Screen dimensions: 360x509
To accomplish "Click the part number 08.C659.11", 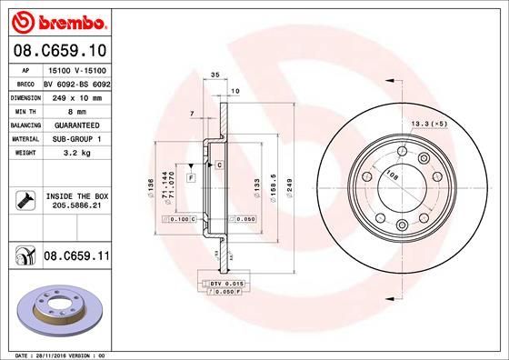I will (x=76, y=258).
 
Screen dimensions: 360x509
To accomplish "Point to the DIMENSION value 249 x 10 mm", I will (x=76, y=95).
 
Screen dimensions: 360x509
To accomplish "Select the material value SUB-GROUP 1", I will (x=76, y=138).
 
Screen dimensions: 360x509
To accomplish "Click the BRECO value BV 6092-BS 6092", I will (x=76, y=82).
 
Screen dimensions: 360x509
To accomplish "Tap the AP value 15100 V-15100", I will (x=76, y=68).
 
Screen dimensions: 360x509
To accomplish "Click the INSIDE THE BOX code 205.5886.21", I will (x=77, y=206).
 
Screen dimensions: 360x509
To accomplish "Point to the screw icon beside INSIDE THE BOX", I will (x=24, y=200).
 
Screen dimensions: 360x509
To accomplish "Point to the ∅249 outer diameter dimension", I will (x=289, y=186).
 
